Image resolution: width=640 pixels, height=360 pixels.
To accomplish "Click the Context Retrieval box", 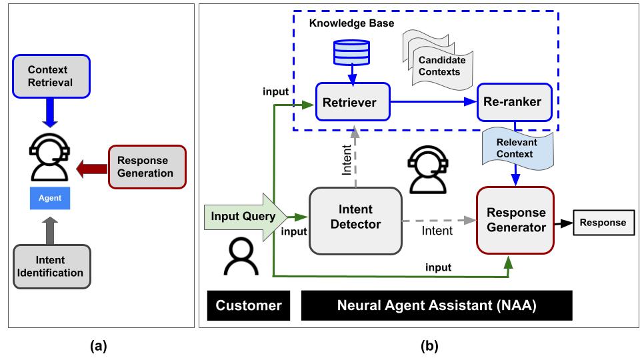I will (51, 76).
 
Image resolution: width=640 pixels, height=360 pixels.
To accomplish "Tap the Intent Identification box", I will (51, 266).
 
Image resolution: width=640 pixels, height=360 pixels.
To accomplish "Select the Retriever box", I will (350, 103).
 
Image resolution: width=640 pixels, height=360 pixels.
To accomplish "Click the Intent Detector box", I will (355, 221).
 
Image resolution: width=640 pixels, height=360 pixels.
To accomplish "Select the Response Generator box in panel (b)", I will (516, 221).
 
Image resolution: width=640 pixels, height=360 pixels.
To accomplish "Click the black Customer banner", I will (248, 305).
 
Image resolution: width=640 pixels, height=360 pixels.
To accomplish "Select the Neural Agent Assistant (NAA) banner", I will (437, 305).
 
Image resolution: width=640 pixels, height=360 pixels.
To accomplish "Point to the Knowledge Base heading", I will (351, 24).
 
